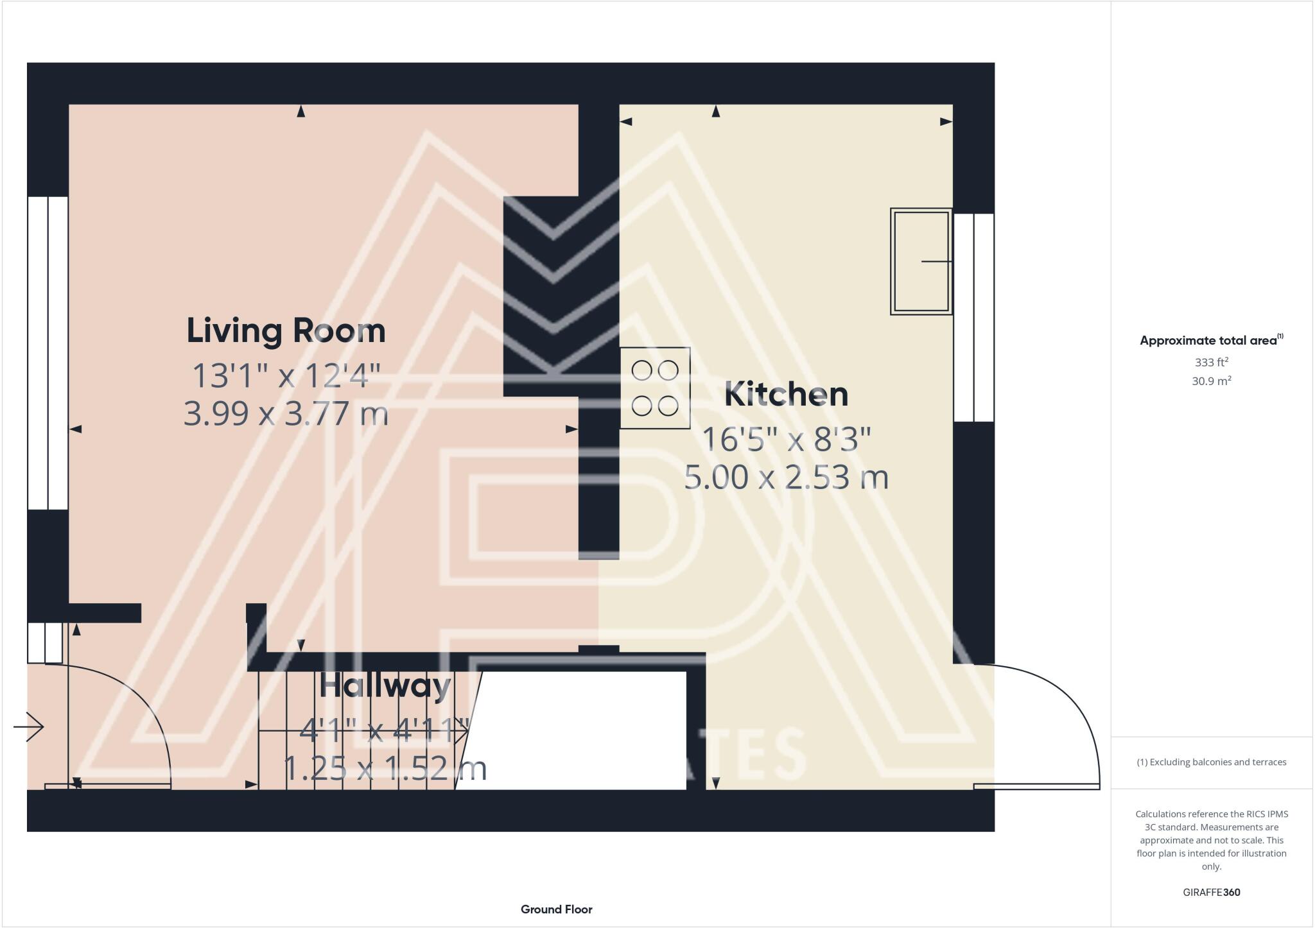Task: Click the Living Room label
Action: [x=286, y=331]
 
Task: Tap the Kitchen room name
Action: [x=786, y=394]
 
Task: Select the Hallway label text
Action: [x=385, y=686]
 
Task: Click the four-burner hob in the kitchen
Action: [x=655, y=388]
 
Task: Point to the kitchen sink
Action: [x=921, y=261]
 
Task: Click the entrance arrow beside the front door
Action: [x=28, y=727]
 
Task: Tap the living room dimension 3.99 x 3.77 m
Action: [x=286, y=414]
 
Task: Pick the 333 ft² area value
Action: [x=1211, y=362]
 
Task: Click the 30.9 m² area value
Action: [x=1211, y=381]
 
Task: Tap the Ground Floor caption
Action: [x=556, y=909]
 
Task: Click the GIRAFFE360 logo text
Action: [x=1211, y=892]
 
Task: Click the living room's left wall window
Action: [x=48, y=353]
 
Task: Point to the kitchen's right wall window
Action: [x=973, y=318]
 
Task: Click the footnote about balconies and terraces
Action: [x=1211, y=762]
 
